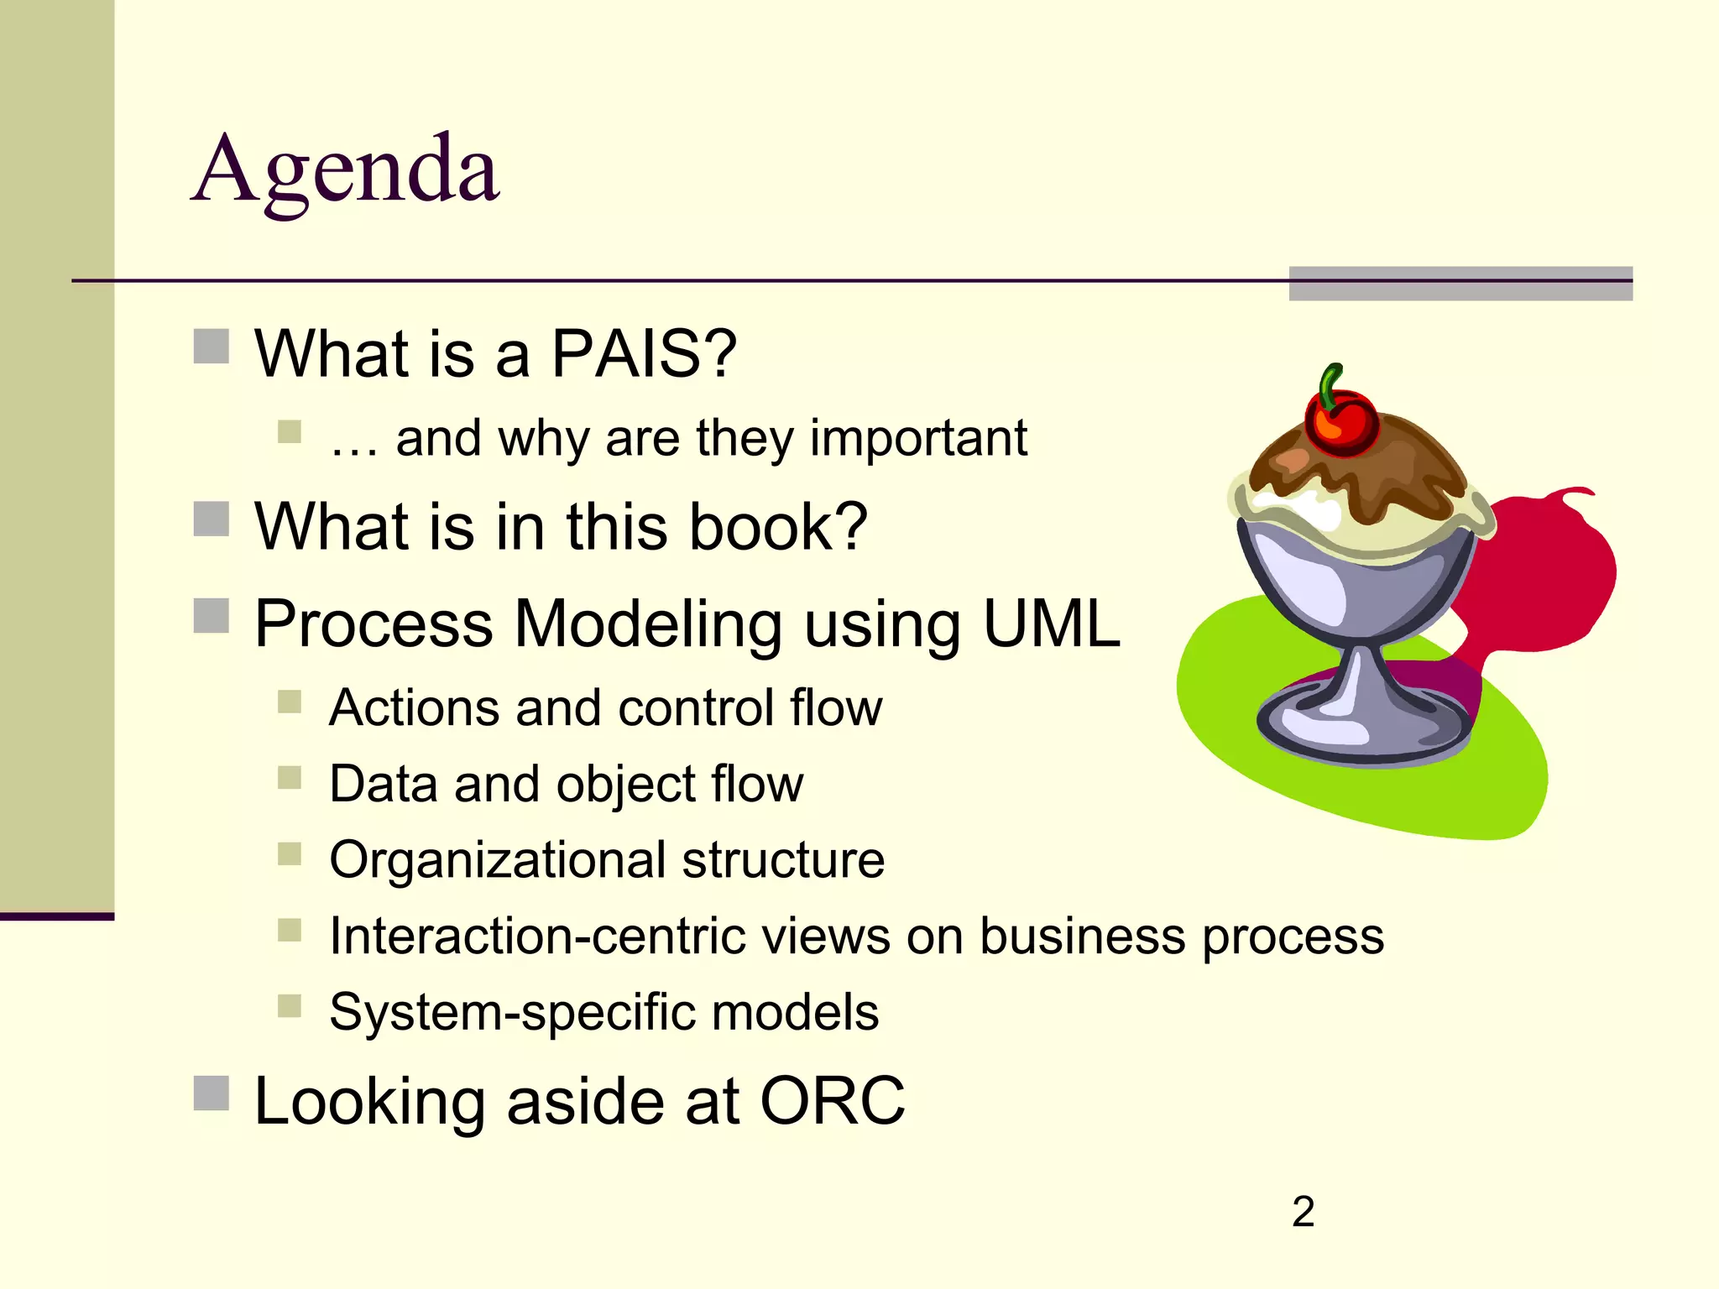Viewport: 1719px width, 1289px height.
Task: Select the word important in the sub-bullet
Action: tap(917, 438)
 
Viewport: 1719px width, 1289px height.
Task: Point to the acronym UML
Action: tap(1051, 624)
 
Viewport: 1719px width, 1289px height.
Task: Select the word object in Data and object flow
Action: tap(626, 784)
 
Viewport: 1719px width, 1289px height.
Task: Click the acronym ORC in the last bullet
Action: tap(832, 1101)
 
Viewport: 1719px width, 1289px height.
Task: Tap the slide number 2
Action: tap(1303, 1212)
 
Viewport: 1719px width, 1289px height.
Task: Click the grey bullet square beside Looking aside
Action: tap(212, 1093)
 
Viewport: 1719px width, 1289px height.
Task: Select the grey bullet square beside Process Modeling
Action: tap(212, 616)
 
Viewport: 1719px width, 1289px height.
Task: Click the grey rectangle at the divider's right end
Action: tap(1460, 284)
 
